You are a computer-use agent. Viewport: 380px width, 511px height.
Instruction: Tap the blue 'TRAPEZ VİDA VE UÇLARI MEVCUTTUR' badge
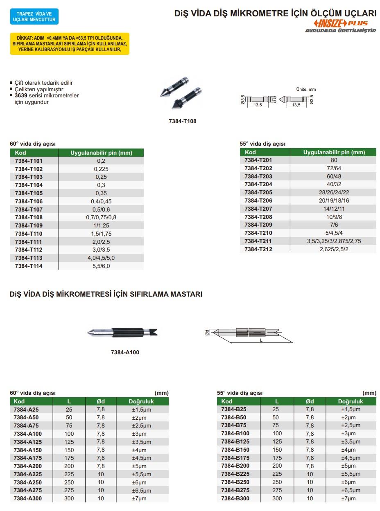click(34, 17)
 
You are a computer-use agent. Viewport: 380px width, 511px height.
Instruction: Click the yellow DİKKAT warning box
click(69, 44)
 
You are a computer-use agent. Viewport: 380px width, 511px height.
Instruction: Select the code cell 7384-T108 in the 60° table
click(29, 217)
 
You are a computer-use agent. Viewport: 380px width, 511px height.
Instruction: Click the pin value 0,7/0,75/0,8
click(101, 217)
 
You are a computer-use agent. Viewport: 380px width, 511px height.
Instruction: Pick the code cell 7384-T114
click(29, 266)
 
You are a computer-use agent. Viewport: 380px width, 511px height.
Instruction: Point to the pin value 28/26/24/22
click(334, 192)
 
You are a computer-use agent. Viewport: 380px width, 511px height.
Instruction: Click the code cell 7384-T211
click(258, 241)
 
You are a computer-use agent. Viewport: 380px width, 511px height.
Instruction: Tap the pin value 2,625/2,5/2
click(334, 249)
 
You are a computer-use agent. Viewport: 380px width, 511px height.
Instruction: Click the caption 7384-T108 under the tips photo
click(183, 121)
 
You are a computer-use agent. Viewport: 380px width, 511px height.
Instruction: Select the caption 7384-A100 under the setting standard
click(125, 352)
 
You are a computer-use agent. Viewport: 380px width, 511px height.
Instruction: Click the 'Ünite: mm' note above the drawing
click(306, 89)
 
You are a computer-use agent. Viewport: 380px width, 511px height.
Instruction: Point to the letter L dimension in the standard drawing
click(260, 340)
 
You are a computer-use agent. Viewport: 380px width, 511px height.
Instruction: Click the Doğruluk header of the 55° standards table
click(351, 401)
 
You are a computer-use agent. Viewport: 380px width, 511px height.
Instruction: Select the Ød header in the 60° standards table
click(101, 401)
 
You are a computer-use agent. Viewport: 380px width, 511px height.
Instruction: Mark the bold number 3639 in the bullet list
click(21, 95)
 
